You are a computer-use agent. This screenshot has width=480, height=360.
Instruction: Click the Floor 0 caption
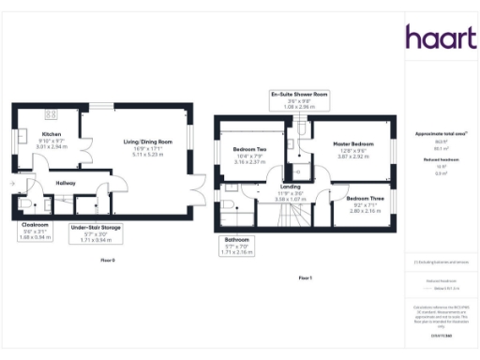[107, 260]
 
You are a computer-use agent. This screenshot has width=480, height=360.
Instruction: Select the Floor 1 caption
[304, 278]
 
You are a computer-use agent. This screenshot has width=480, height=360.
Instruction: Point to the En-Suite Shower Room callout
[298, 99]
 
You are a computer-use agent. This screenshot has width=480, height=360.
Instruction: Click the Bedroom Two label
[249, 152]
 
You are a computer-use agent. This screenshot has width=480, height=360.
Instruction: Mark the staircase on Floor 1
[297, 217]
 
